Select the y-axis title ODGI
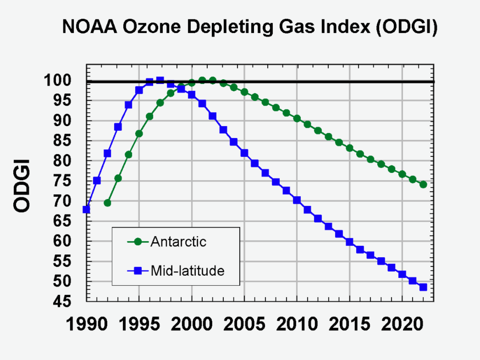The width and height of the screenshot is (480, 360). coord(22,186)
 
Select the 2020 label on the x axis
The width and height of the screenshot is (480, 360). coord(402,325)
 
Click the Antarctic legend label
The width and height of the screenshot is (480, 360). coord(178,242)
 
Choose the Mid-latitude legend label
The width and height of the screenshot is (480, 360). coord(188,271)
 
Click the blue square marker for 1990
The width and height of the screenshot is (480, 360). coord(86,210)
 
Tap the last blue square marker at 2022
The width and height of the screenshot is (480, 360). coord(423,287)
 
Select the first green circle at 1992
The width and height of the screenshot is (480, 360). coord(107,203)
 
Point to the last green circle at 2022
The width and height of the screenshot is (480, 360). coord(423,184)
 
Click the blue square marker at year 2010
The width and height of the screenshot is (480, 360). coord(297,200)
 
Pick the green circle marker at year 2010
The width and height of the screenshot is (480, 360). coord(297,118)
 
